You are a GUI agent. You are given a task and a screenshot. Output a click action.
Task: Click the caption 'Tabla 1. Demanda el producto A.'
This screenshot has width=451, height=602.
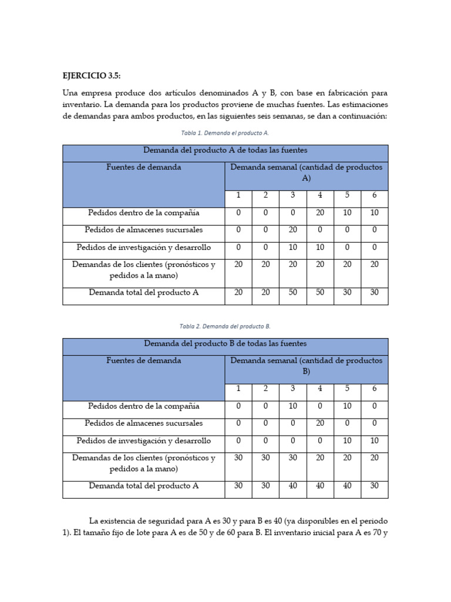tap(225, 133)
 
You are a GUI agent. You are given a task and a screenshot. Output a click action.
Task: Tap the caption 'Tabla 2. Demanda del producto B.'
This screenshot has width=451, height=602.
tap(225, 326)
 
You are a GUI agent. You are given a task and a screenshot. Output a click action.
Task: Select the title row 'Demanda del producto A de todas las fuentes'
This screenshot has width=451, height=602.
tap(225, 150)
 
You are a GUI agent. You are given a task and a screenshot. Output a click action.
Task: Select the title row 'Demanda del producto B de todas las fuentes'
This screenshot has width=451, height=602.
tap(225, 343)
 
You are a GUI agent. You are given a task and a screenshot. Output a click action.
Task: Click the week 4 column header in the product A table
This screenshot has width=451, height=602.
tap(320, 196)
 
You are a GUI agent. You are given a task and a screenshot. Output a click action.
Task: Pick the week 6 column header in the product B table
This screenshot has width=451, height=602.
tap(374, 389)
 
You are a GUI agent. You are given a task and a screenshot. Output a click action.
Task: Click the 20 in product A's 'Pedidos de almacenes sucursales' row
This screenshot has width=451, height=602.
tap(293, 230)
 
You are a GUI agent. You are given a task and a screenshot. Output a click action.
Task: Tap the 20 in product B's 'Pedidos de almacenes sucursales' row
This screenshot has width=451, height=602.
tap(320, 423)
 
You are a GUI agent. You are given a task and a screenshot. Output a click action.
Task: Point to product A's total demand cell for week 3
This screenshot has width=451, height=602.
tap(293, 292)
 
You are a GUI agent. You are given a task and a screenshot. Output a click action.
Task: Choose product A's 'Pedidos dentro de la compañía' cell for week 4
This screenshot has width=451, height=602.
tap(320, 212)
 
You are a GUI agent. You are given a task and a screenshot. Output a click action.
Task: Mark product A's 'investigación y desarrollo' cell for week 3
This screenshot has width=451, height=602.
tap(293, 248)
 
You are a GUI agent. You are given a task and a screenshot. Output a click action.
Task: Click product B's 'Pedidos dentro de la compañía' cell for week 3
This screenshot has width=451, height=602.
tap(293, 406)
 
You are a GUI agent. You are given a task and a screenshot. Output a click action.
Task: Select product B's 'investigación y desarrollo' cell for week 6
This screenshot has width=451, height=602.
tap(374, 440)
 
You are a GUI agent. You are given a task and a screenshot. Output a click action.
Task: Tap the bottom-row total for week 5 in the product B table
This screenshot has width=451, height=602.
tap(347, 486)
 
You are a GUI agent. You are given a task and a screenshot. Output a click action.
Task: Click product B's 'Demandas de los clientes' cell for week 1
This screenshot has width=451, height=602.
tap(238, 458)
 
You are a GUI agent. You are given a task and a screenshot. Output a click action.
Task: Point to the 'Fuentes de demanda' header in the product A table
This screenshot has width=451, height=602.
tap(144, 168)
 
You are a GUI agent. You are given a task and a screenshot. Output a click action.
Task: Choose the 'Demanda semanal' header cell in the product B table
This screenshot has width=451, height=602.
tap(306, 365)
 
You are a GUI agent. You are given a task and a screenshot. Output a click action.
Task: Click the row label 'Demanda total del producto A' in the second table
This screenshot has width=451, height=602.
tap(144, 486)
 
